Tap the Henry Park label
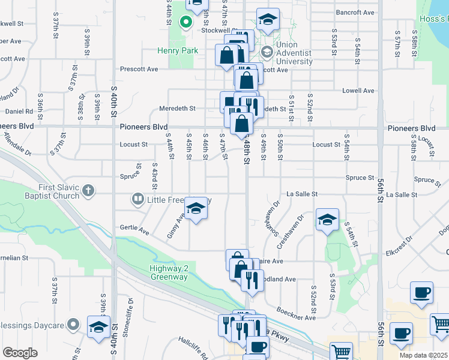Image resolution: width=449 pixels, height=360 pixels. coord(178,51)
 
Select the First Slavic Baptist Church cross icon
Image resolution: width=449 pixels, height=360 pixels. coord(88,191)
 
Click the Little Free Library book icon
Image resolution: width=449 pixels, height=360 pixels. coord(137,199)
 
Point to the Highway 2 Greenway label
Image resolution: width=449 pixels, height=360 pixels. coord(169,272)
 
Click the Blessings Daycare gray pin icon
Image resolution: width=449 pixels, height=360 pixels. coord(73,325)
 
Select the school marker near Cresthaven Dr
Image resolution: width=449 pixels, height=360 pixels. coord(327,220)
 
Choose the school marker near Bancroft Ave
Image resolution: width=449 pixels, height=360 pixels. coord(268,19)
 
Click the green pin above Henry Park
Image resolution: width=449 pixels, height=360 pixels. coord(186,24)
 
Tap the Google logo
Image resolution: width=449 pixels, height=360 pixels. coord(20,353)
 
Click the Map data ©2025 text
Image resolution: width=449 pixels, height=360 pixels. coord(424,355)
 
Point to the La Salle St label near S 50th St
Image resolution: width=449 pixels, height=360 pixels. coord(301,194)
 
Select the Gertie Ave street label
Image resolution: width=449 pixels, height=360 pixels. coord(135,230)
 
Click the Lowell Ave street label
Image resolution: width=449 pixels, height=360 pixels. coord(358,91)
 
